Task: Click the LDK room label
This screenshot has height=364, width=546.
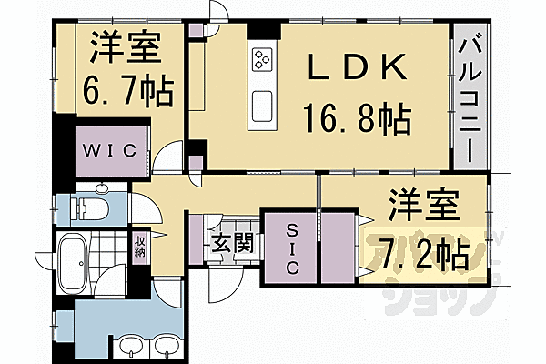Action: point(356,68)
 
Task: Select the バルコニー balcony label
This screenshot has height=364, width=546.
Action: point(470,96)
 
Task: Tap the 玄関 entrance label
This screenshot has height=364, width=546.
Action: point(226,243)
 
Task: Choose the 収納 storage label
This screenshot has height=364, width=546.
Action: point(140,245)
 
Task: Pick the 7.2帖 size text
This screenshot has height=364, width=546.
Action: point(419,249)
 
